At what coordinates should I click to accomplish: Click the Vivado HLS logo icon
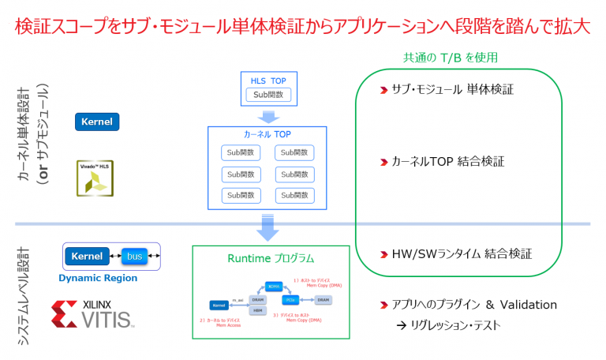pyautogui.click(x=95, y=178)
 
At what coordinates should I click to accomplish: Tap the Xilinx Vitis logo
pyautogui.click(x=93, y=313)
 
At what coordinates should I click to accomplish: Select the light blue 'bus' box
pyautogui.click(x=135, y=257)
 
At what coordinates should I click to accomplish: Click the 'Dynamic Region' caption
pyautogui.click(x=98, y=278)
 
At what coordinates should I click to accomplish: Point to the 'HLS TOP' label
pyautogui.click(x=267, y=81)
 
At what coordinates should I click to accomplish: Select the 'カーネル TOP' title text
pyautogui.click(x=267, y=134)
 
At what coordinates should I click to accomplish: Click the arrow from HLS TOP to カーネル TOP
pyautogui.click(x=268, y=117)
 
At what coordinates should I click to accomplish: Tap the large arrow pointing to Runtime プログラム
pyautogui.click(x=268, y=227)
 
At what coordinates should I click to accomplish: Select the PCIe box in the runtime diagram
pyautogui.click(x=290, y=300)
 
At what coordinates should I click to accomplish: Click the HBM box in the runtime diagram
pyautogui.click(x=257, y=311)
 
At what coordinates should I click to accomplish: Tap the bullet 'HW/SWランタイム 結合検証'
pyautogui.click(x=462, y=253)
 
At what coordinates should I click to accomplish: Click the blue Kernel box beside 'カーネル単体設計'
pyautogui.click(x=97, y=122)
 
